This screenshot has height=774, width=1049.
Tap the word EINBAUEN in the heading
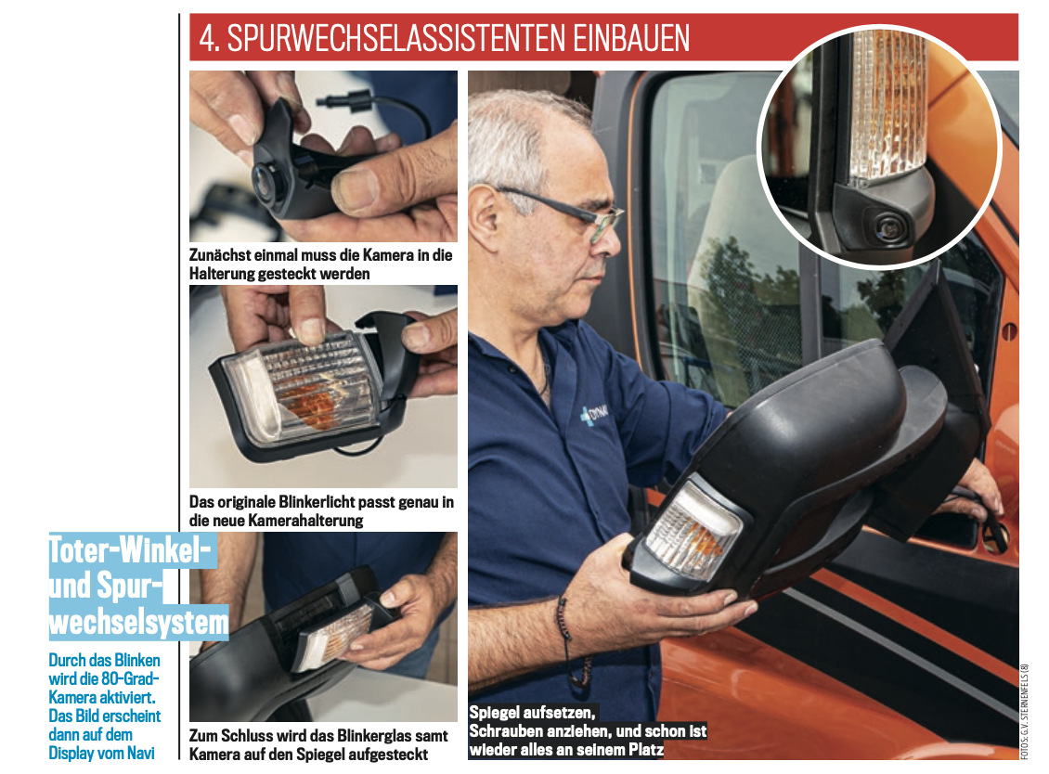tap(631, 38)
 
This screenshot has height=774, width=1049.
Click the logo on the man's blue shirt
tap(594, 414)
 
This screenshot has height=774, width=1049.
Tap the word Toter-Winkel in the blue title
tap(131, 550)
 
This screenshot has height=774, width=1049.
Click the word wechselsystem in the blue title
tap(138, 622)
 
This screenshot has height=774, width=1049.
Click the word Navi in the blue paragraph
tap(140, 754)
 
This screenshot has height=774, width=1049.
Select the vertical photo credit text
tap(1024, 711)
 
